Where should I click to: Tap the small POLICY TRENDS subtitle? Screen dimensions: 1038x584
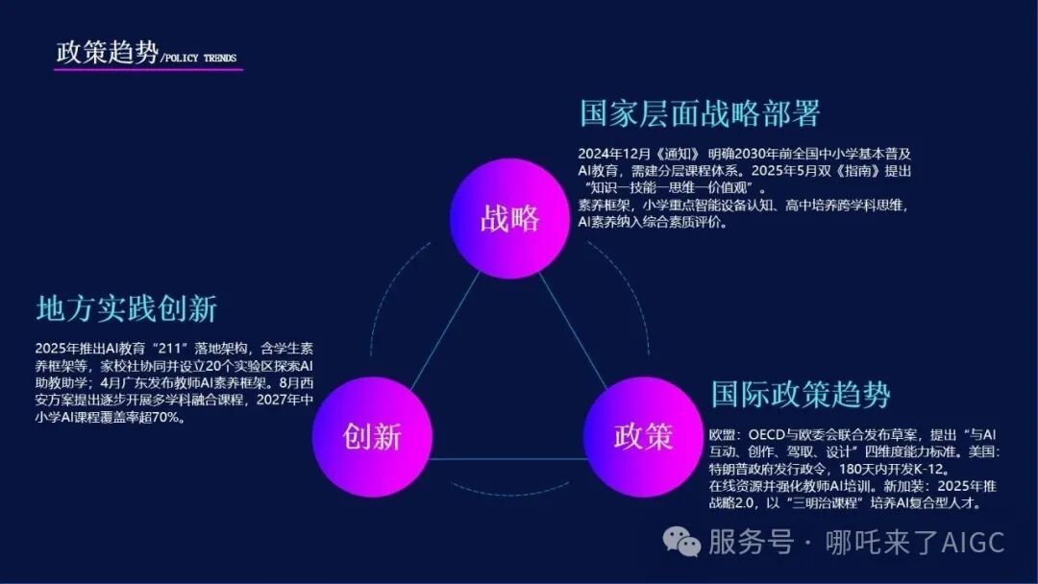199,59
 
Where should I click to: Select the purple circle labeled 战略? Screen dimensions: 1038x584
509,218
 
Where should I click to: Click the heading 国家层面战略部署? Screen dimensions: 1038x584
700,114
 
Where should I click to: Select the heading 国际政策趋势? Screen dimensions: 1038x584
801,394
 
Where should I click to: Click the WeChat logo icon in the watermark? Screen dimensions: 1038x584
687,543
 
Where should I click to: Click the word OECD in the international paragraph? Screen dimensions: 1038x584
782,435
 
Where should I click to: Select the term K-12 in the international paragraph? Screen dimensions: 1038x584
927,470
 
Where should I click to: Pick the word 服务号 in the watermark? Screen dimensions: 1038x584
751,542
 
